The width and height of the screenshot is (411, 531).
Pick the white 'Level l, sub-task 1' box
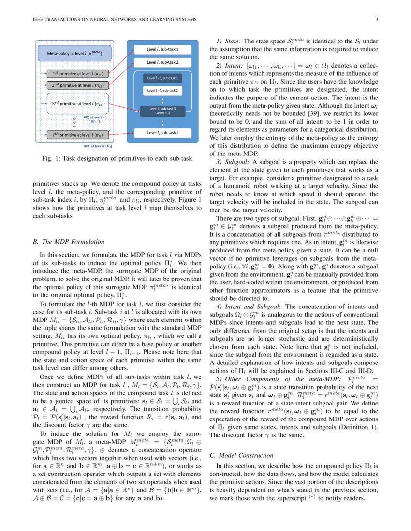[x=162, y=49]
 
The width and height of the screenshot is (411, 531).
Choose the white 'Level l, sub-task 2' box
[x=162, y=62]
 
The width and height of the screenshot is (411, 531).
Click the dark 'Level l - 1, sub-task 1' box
[x=162, y=77]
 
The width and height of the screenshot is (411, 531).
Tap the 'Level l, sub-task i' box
[x=162, y=131]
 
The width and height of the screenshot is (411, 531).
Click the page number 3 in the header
[x=376, y=19]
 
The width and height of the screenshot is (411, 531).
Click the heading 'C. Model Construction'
[x=241, y=455]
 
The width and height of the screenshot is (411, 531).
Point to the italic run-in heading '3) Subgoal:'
[x=233, y=161]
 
